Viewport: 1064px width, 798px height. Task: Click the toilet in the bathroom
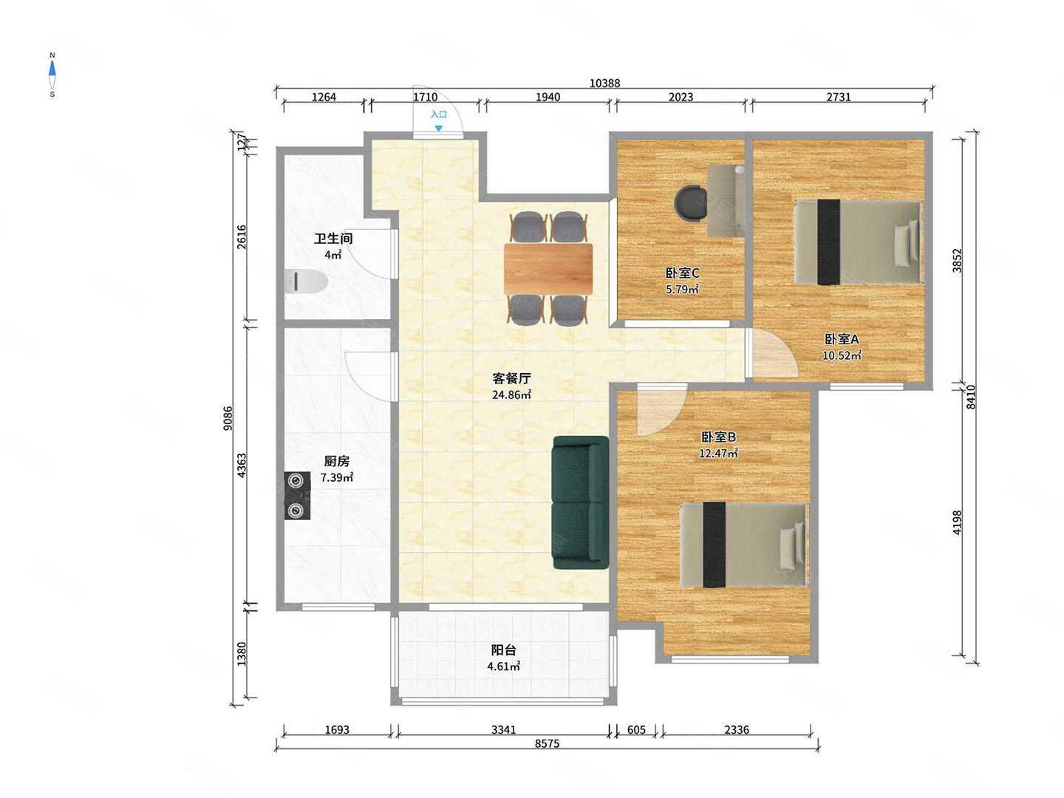[x=306, y=282]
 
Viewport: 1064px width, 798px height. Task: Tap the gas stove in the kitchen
[x=296, y=496]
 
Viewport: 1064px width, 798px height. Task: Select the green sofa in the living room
[x=581, y=502]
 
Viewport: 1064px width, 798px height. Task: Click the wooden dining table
[x=548, y=269]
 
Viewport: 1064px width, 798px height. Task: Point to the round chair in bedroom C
[x=691, y=203]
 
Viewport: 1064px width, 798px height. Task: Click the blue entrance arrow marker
[x=438, y=129]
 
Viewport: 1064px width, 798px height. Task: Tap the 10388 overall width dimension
[x=604, y=83]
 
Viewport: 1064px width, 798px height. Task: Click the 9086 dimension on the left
[x=228, y=417]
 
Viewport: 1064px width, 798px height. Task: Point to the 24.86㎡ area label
[x=511, y=395]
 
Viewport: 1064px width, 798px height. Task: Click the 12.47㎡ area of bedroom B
[x=718, y=454]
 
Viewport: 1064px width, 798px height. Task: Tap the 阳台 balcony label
[x=504, y=649]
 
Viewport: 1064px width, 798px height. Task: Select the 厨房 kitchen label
[x=336, y=461]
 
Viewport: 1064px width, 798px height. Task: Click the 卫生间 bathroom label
[x=333, y=239]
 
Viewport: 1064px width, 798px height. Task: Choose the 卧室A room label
[x=841, y=339]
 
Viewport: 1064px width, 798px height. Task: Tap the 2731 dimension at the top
[x=838, y=97]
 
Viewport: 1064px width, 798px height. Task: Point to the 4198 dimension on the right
[x=956, y=522]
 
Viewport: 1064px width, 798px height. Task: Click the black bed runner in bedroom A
[x=828, y=242]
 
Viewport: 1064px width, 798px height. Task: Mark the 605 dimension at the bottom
[x=636, y=730]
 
